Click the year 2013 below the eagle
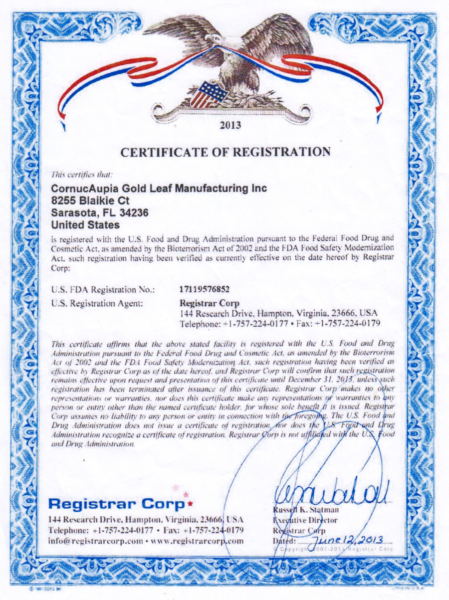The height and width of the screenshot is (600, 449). coord(230,125)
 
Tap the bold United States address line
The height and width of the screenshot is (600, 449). coord(86,224)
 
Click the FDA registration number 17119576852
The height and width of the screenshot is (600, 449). coord(205,289)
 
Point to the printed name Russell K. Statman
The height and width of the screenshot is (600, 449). coord(307,510)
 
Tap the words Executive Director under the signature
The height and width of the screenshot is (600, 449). coord(305,520)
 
